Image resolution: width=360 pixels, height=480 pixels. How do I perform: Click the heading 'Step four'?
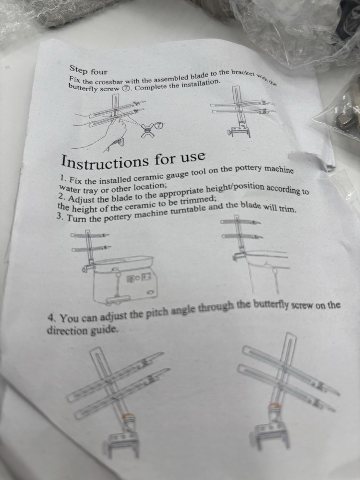click(x=88, y=70)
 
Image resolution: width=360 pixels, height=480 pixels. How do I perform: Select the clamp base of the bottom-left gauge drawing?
click(x=121, y=444)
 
